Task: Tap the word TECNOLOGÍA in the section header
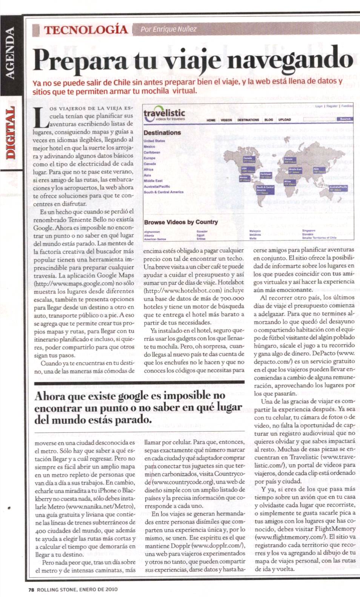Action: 86,29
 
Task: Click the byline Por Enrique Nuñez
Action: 168,29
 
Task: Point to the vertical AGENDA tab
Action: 10,53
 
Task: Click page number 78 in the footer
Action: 31,589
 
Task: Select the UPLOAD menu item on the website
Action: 285,120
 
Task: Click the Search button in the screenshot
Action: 345,119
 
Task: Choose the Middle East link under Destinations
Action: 153,181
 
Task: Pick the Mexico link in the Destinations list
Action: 149,147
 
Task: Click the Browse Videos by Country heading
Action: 181,222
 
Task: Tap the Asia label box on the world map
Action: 319,170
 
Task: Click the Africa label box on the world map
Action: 290,183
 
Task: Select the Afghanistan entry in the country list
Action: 152,232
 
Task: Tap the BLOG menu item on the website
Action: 269,120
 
